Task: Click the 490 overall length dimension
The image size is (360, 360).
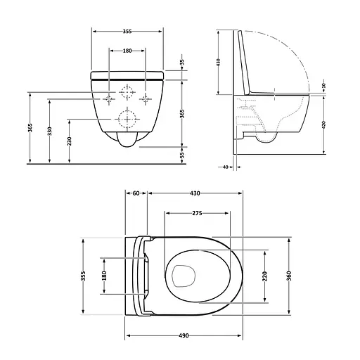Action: coord(185,335)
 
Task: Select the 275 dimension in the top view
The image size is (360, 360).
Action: coord(197,212)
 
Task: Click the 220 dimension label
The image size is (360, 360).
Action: coord(264,276)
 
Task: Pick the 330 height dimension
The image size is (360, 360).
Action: coord(50,131)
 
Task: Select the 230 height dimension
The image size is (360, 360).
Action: coord(69,140)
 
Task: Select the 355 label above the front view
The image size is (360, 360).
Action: coord(128,31)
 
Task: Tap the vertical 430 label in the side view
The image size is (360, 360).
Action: coord(218,62)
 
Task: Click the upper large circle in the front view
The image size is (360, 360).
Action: coord(128,91)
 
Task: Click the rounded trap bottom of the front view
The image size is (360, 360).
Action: coord(127,142)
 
